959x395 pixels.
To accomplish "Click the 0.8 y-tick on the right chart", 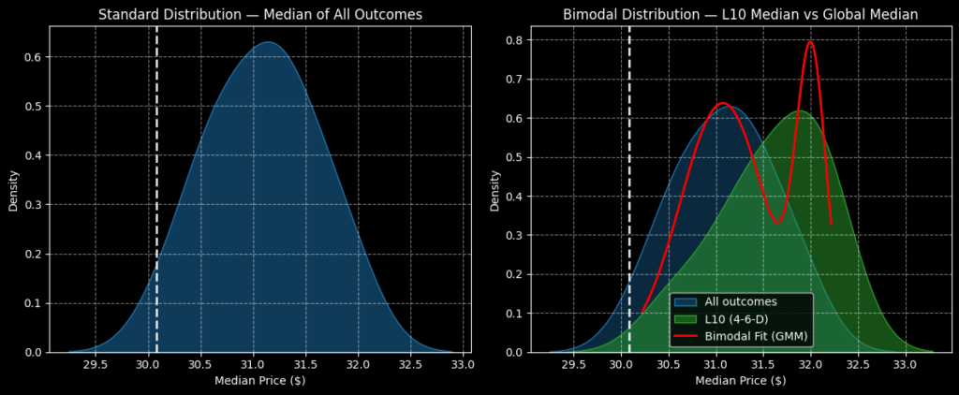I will pyautogui.click(x=513, y=42).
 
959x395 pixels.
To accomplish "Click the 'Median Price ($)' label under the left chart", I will pyautogui.click(x=260, y=381).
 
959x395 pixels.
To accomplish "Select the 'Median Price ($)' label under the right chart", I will pyautogui.click(x=740, y=381).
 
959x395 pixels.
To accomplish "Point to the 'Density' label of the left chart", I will pyautogui.click(x=13, y=190).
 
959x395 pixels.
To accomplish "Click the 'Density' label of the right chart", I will pyautogui.click(x=494, y=190).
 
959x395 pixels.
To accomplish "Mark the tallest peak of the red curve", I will pyautogui.click(x=810, y=41).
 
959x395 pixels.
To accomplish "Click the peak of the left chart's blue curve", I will pyautogui.click(x=268, y=42).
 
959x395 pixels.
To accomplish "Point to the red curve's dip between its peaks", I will pyautogui.click(x=776, y=222).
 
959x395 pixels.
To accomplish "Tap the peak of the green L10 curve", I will pyautogui.click(x=799, y=111).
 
